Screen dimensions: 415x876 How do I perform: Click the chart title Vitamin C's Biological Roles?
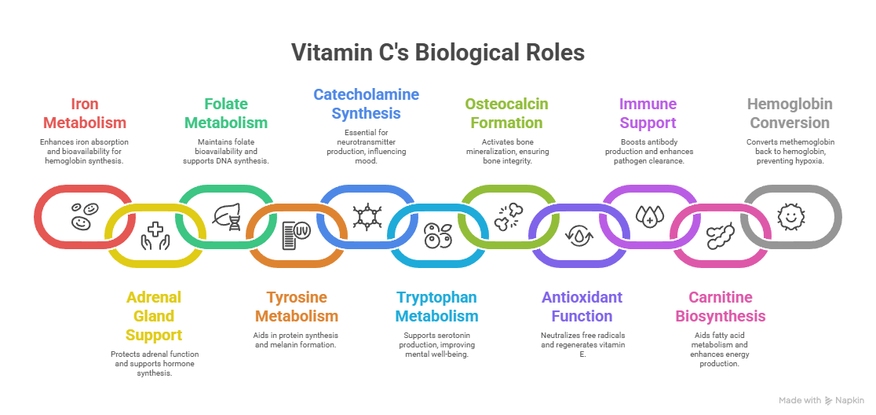tap(438, 53)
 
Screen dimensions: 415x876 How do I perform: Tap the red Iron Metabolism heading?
tap(85, 113)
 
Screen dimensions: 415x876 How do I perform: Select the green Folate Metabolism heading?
tap(226, 113)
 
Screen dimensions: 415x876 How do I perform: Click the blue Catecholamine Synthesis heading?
tap(366, 104)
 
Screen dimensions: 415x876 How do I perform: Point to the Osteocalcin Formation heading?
tap(506, 113)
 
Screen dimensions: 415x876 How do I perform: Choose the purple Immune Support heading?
tap(648, 113)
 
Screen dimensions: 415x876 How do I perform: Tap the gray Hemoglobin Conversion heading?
tap(790, 113)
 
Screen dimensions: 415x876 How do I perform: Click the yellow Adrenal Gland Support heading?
tap(154, 316)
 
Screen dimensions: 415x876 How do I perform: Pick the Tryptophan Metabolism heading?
tap(436, 307)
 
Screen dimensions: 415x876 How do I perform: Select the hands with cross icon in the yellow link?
tap(155, 235)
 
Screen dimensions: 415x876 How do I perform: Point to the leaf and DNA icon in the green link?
tap(228, 215)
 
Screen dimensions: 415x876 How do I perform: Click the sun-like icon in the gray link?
tap(789, 215)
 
